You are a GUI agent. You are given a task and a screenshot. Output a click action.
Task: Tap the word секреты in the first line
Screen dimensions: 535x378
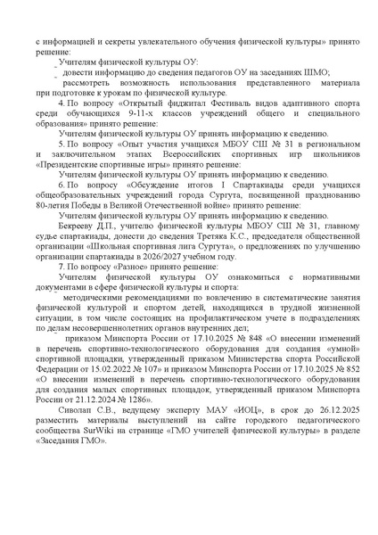pyautogui.click(x=107, y=40)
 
